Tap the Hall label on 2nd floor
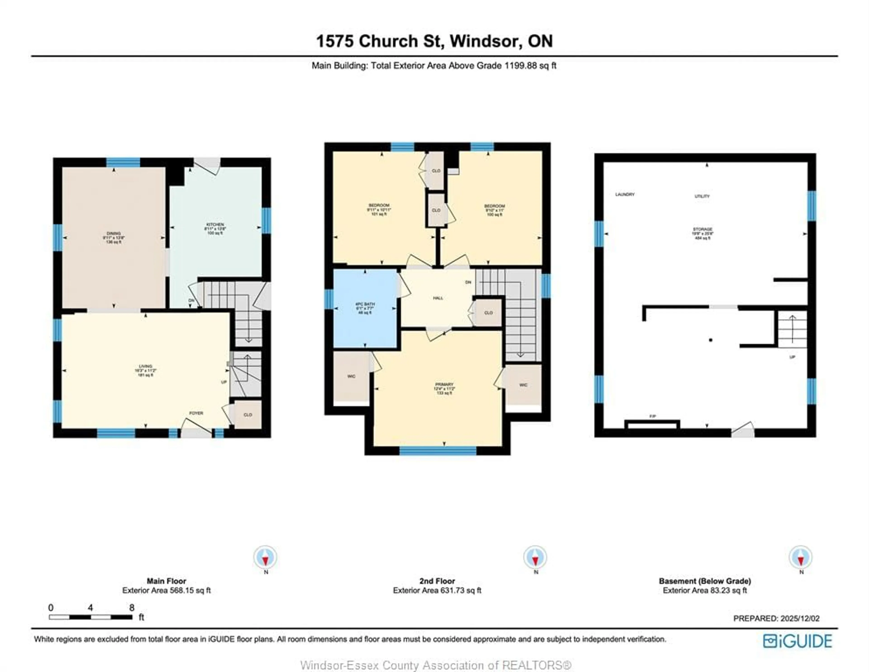pyautogui.click(x=438, y=298)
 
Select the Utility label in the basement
pyautogui.click(x=702, y=196)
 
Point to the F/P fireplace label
pyautogui.click(x=653, y=416)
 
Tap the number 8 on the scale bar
pyautogui.click(x=132, y=608)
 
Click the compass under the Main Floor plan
pyautogui.click(x=265, y=557)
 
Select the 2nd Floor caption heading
pyautogui.click(x=437, y=581)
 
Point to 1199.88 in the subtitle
pyautogui.click(x=521, y=66)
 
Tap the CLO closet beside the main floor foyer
pyautogui.click(x=248, y=415)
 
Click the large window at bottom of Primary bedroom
pyautogui.click(x=438, y=450)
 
